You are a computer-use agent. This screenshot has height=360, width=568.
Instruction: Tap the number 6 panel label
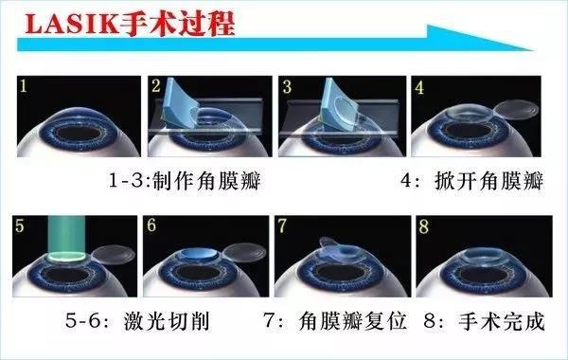pos(152,226)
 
